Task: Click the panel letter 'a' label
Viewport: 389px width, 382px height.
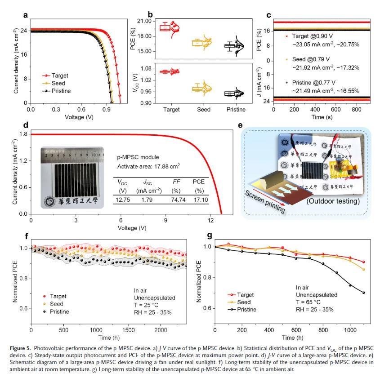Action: point(26,15)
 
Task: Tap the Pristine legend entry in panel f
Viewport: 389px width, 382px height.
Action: point(58,311)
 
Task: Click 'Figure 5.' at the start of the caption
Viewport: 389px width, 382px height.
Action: point(24,347)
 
